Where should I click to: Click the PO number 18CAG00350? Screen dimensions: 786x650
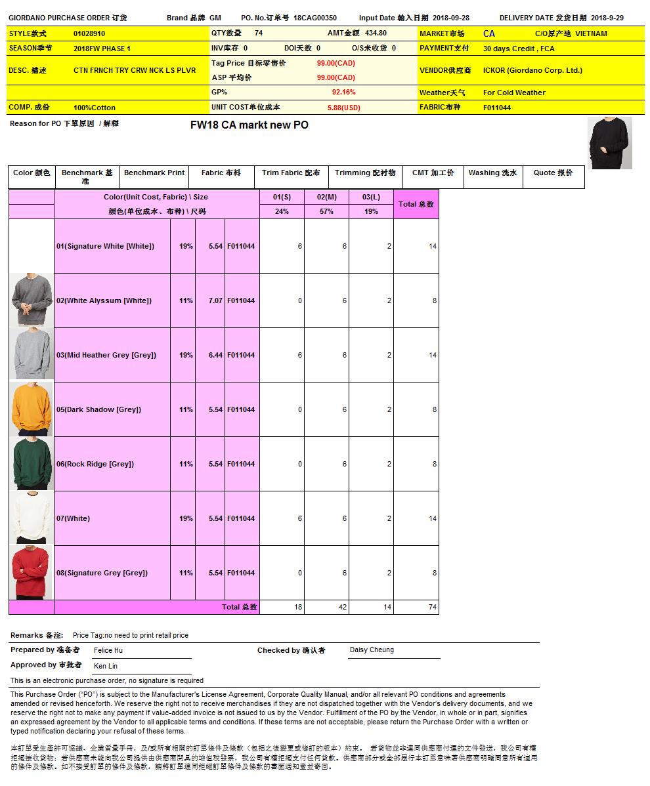click(314, 18)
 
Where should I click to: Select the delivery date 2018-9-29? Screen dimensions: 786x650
click(607, 18)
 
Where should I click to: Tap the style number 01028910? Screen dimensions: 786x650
click(89, 33)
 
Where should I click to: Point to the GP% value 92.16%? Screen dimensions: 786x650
click(343, 93)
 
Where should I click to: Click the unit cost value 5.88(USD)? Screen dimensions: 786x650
click(343, 108)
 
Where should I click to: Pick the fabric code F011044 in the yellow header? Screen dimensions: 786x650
click(497, 108)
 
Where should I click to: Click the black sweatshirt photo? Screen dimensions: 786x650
click(609, 143)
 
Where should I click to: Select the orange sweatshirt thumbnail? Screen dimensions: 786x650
click(32, 409)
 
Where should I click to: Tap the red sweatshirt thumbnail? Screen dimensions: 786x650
click(32, 573)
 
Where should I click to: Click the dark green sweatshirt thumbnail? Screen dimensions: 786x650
click(32, 464)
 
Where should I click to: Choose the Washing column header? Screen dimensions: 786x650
click(492, 173)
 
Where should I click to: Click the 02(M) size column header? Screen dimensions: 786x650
click(326, 197)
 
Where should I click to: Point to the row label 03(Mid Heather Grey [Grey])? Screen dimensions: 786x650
click(106, 355)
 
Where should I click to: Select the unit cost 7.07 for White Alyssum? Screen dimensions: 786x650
click(215, 300)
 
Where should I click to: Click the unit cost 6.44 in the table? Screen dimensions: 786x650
click(215, 355)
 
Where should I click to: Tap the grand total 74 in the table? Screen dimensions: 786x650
click(432, 608)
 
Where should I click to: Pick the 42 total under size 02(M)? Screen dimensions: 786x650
click(343, 608)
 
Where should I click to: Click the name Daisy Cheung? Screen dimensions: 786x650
click(372, 650)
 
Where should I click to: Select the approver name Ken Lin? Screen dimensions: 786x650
click(106, 666)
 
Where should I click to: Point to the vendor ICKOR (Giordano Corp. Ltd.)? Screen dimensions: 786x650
click(532, 70)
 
